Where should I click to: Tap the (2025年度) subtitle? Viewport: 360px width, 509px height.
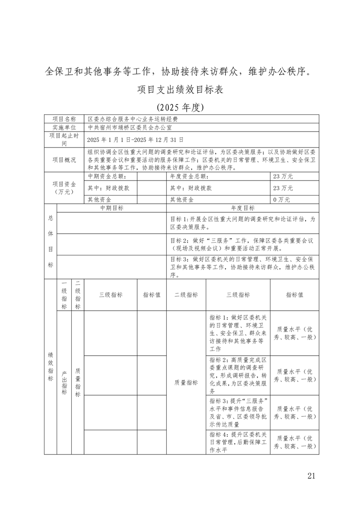point(180,108)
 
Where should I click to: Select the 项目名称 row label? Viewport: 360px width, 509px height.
point(64,119)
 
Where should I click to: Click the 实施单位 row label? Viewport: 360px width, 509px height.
point(64,128)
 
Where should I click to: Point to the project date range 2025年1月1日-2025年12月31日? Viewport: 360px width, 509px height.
point(135,139)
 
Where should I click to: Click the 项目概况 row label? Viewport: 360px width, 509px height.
point(64,160)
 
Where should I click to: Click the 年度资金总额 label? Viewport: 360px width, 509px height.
point(188,176)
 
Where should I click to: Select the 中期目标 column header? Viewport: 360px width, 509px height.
point(112,208)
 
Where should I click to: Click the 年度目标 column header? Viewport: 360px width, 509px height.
point(243,208)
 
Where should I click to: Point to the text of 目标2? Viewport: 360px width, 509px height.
point(242,244)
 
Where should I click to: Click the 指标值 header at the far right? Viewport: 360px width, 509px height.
point(295,294)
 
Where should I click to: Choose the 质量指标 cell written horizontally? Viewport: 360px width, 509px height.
point(186,382)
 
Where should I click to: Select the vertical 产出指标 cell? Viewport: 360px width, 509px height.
point(64,382)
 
